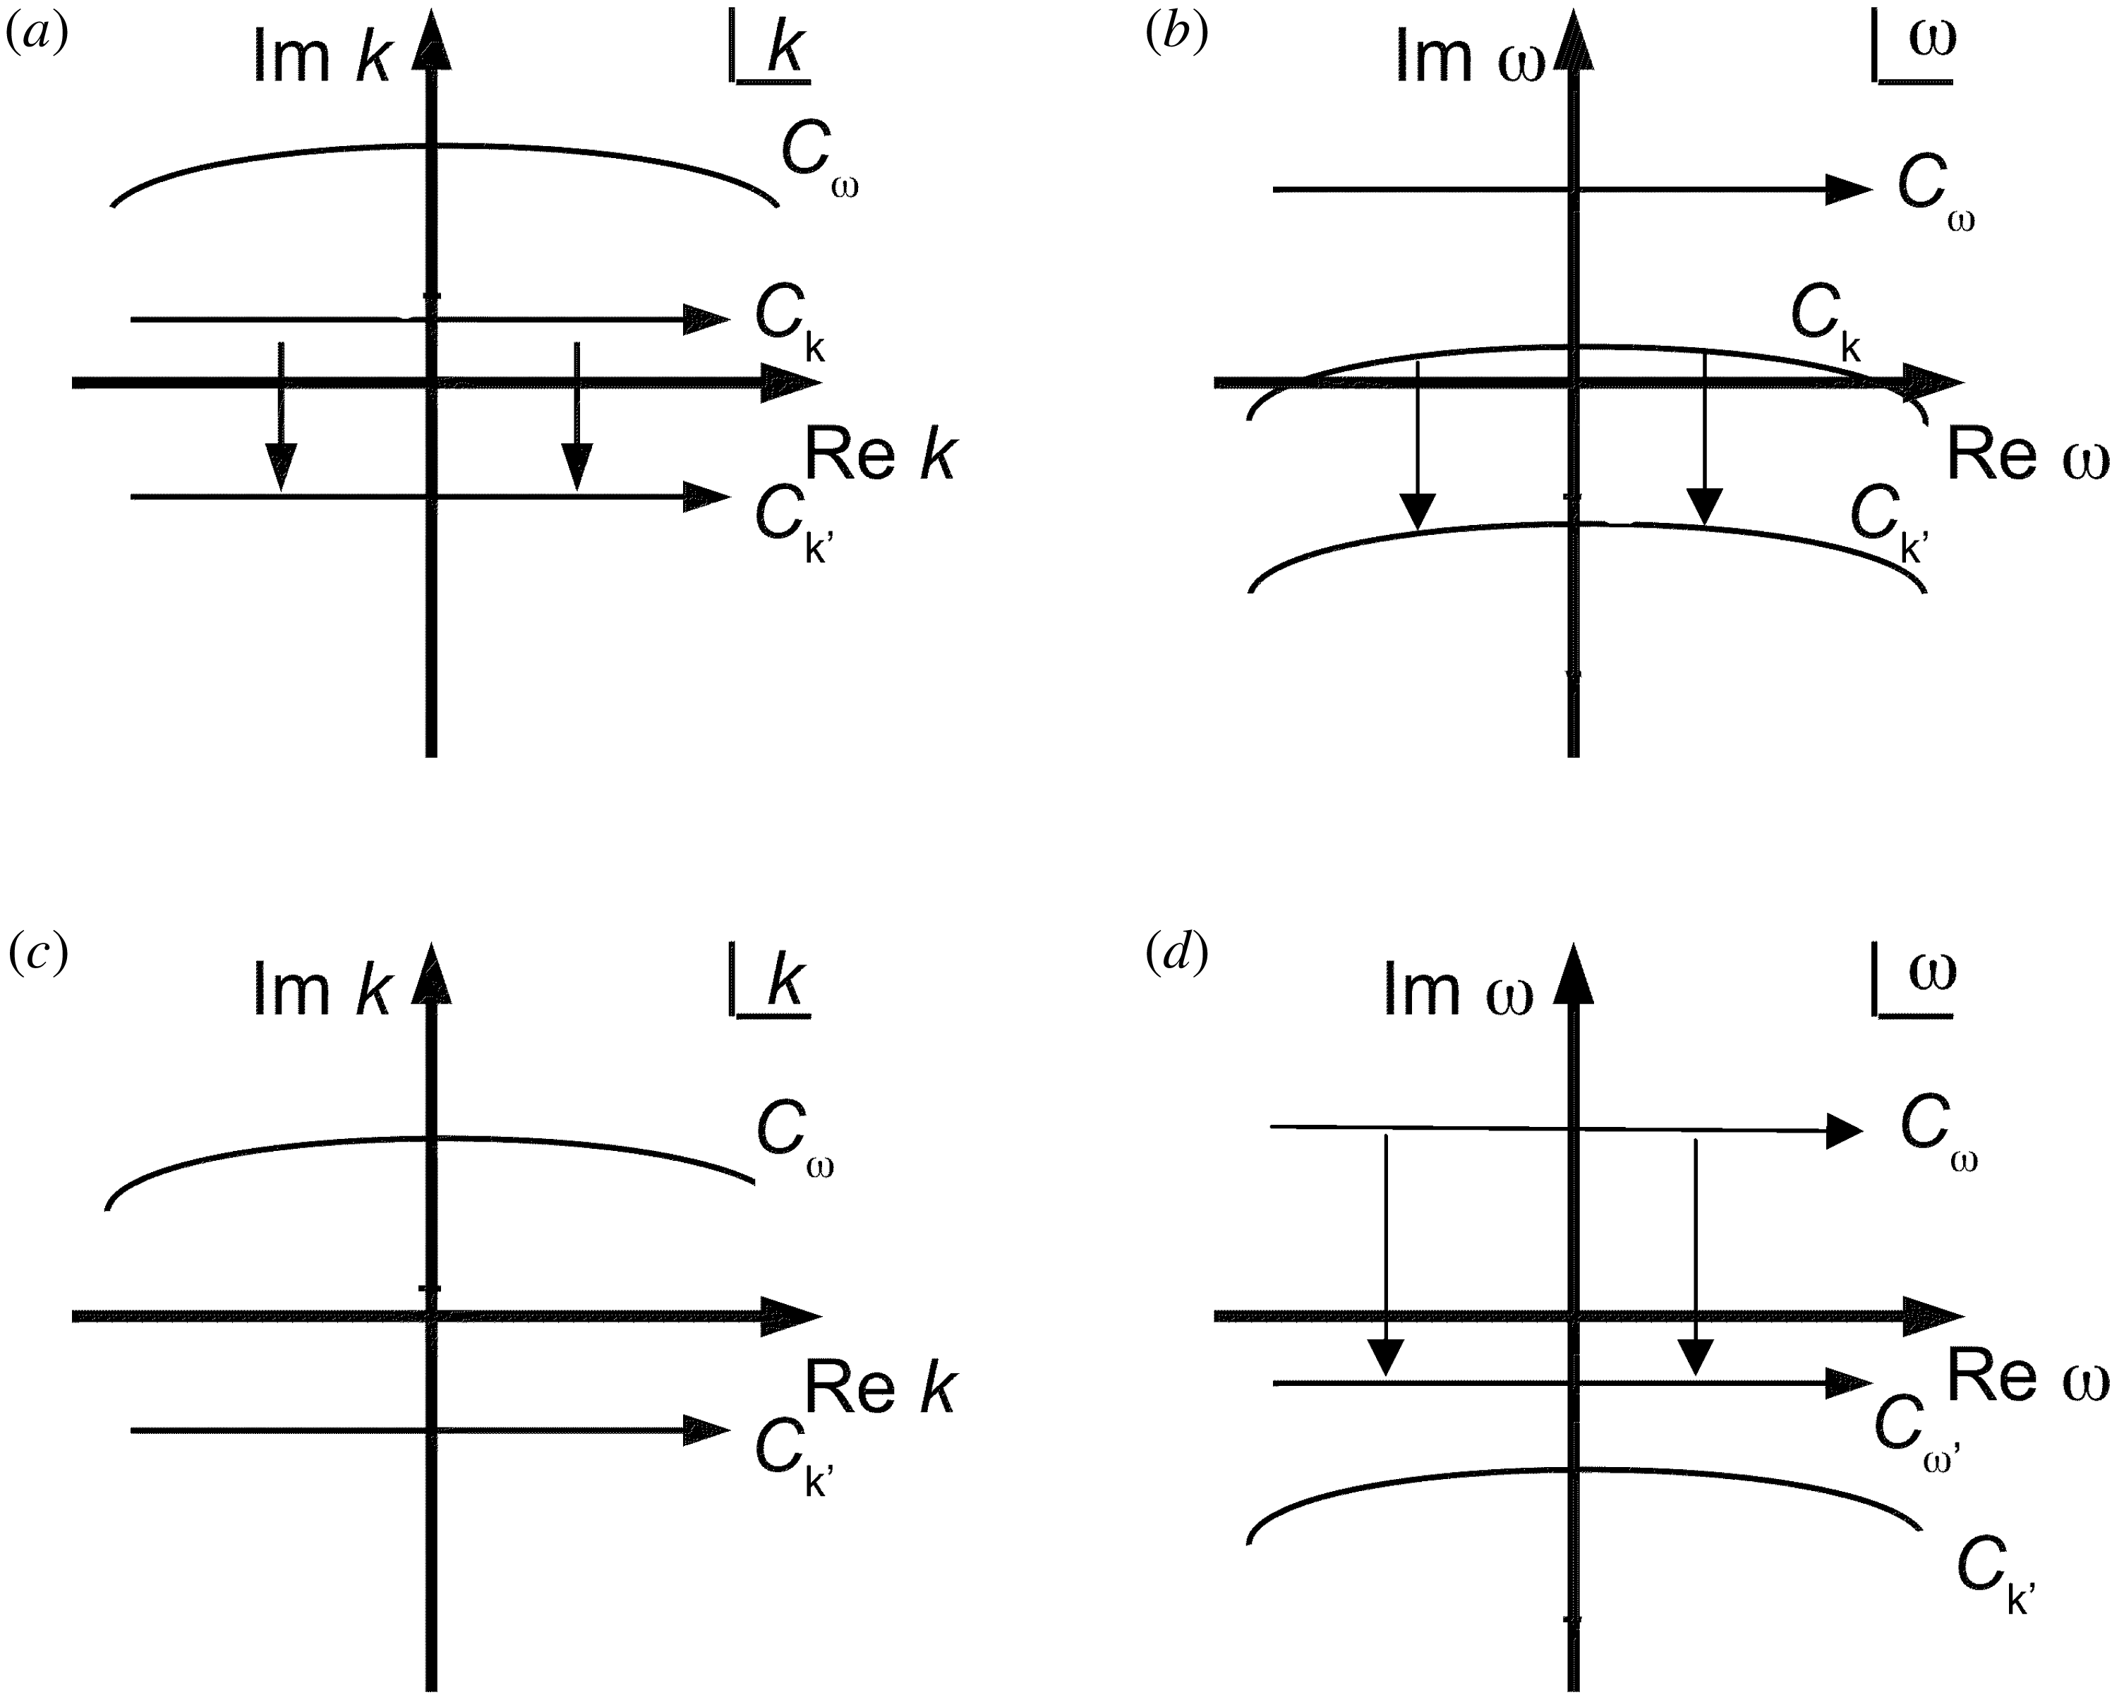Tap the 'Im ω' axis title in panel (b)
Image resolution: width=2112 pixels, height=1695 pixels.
[1469, 57]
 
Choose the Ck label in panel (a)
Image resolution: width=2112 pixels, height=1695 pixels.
[790, 323]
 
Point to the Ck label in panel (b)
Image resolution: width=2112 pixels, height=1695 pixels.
[1825, 323]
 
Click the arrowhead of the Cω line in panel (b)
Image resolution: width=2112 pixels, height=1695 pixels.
[1849, 189]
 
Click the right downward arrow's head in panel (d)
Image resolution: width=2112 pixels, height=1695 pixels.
[1696, 1357]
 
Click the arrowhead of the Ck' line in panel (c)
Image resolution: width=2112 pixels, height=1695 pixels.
[707, 1430]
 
